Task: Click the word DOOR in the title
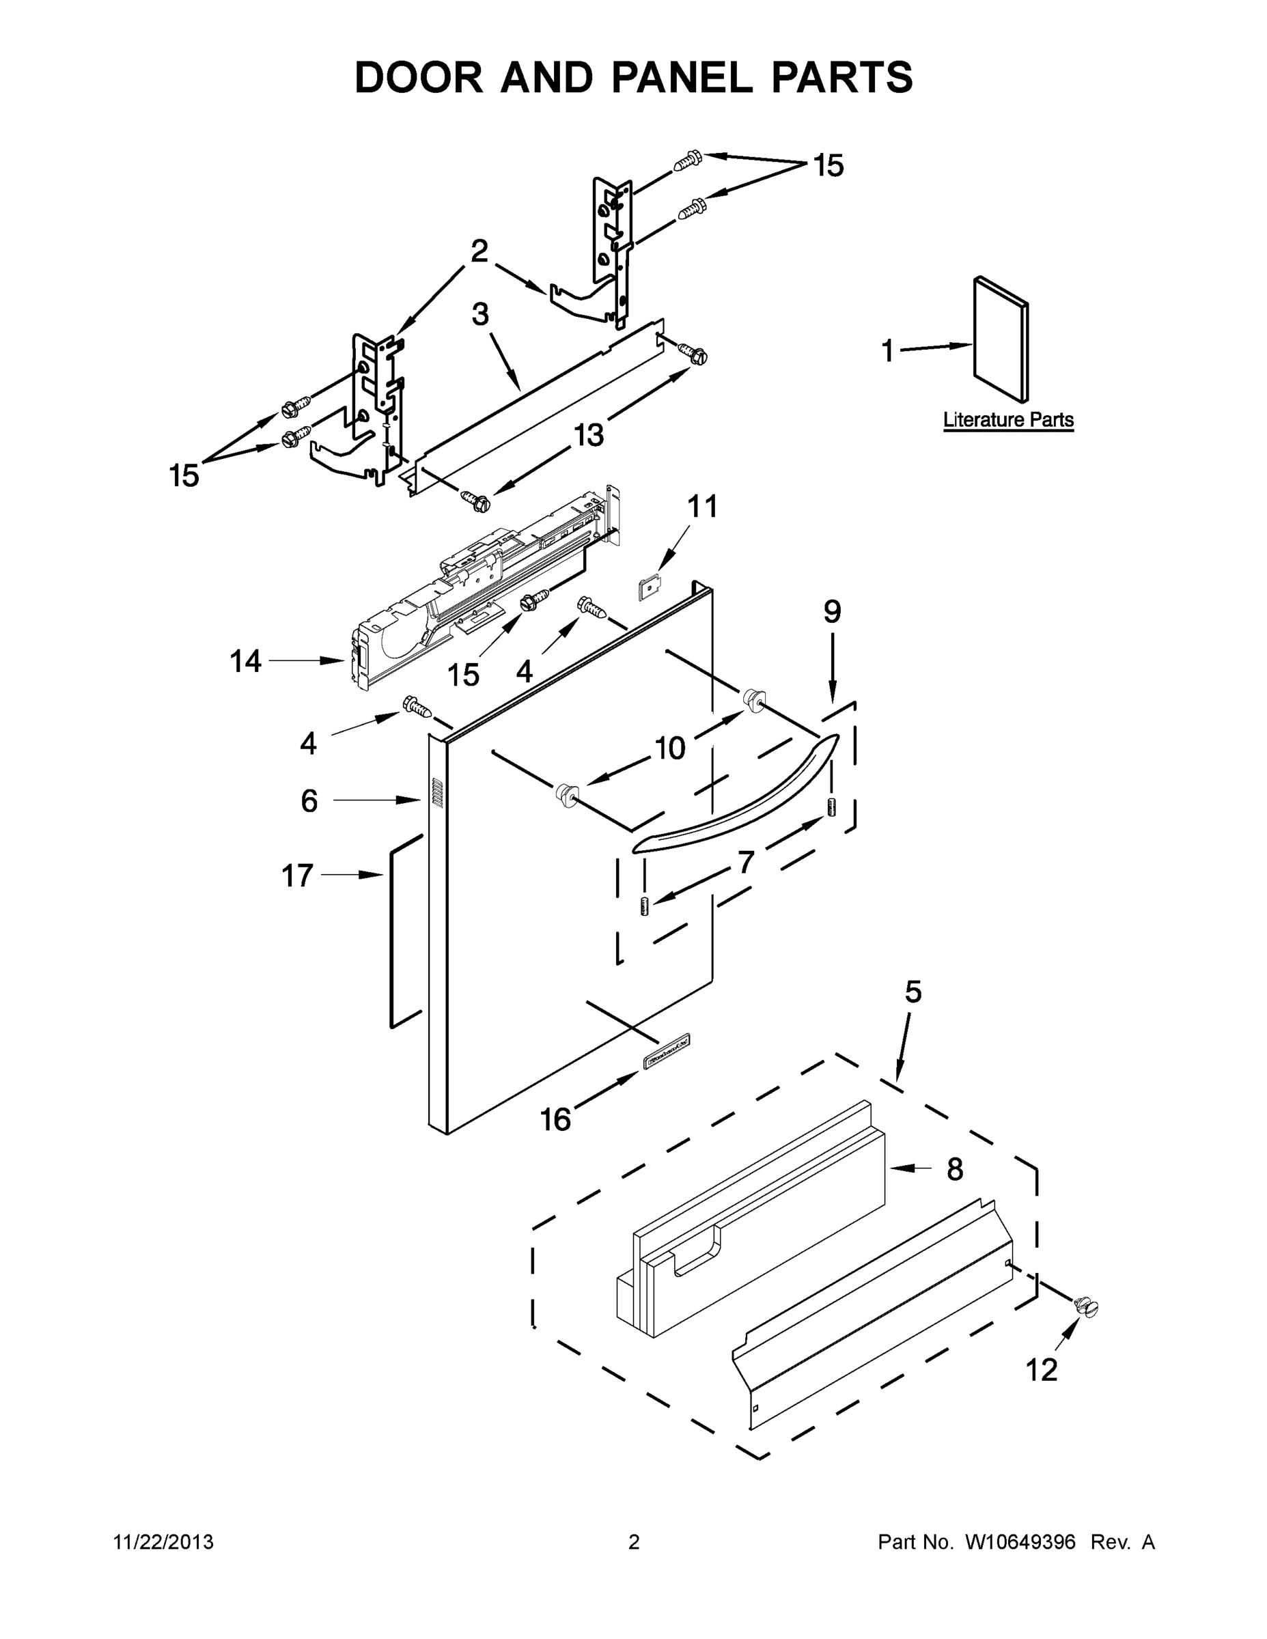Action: click(x=419, y=77)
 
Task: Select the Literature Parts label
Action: click(x=1007, y=419)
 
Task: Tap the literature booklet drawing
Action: click(x=1001, y=340)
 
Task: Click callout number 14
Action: click(x=245, y=661)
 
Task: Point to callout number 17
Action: click(x=296, y=875)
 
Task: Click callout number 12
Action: click(x=1041, y=1369)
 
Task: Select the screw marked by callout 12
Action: click(x=1085, y=1306)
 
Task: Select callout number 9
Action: click(x=832, y=612)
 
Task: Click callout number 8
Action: click(x=954, y=1169)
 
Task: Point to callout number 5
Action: click(x=912, y=992)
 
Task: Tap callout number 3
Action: click(x=479, y=313)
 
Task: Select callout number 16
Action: click(x=555, y=1120)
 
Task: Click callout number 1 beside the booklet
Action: click(x=887, y=350)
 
